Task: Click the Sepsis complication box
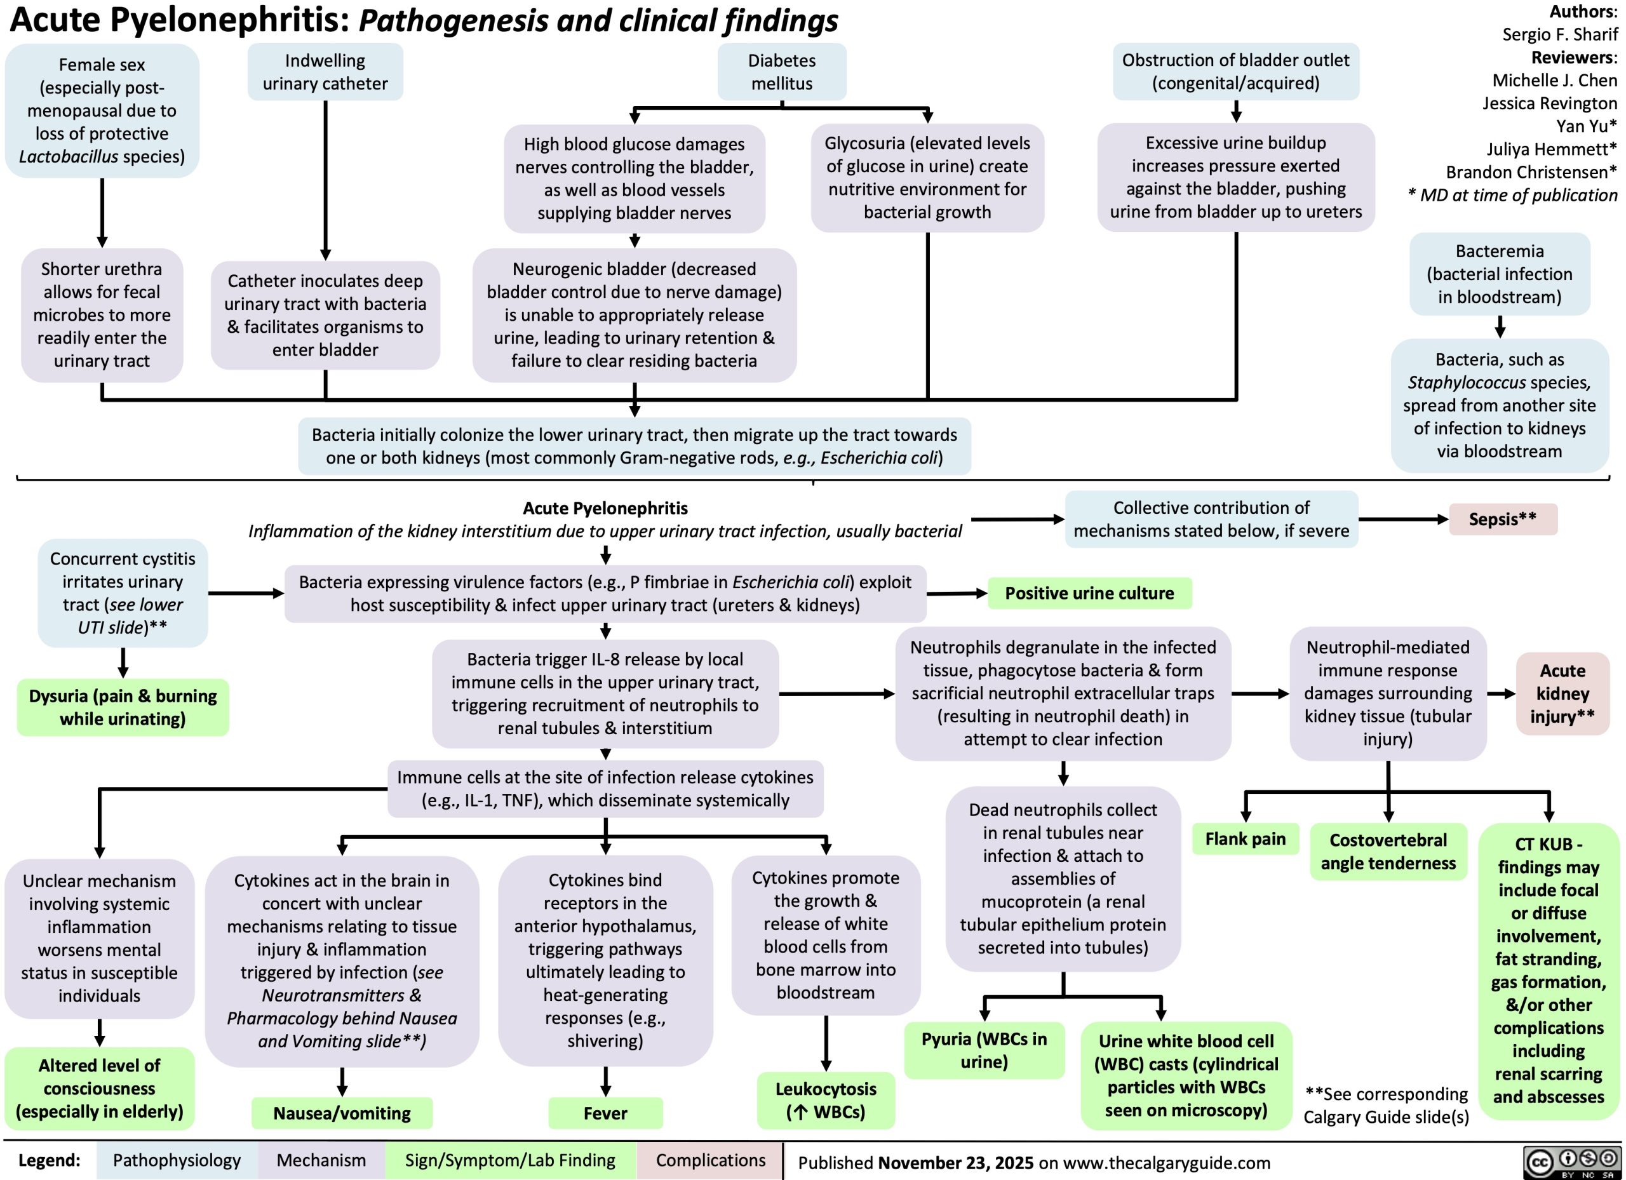pos(1503,519)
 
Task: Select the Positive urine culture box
pos(1089,593)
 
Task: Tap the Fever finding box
pos(605,1113)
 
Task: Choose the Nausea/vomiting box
pos(342,1113)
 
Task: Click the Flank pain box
pos(1246,839)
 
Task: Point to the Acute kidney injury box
pos(1563,694)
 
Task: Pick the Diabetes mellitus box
pos(781,72)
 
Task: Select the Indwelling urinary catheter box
pos(325,72)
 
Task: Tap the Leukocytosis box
pos(826,1100)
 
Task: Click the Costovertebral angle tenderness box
pos(1388,851)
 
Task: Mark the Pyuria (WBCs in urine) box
pos(984,1050)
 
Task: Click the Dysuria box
pos(123,707)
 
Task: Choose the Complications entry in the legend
pos(711,1160)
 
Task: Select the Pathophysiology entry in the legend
pos(177,1160)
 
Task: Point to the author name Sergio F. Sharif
pos(1560,34)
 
